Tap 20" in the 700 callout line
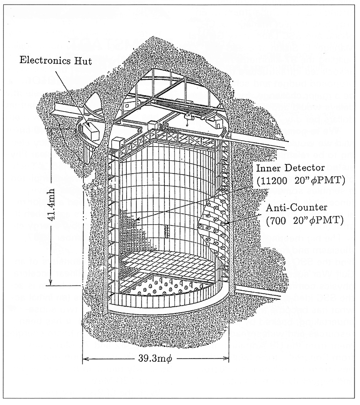pyautogui.click(x=301, y=220)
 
